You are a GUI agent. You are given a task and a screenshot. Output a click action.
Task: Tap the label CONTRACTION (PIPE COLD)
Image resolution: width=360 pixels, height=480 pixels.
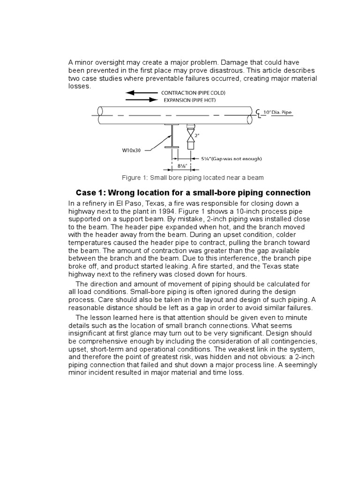(x=189, y=93)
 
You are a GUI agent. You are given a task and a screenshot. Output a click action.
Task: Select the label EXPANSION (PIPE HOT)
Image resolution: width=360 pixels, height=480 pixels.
(x=189, y=100)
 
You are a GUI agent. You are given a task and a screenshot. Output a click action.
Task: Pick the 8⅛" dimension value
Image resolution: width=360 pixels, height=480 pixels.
(x=183, y=166)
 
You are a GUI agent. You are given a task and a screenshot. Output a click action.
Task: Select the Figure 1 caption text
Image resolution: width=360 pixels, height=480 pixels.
(x=192, y=178)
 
